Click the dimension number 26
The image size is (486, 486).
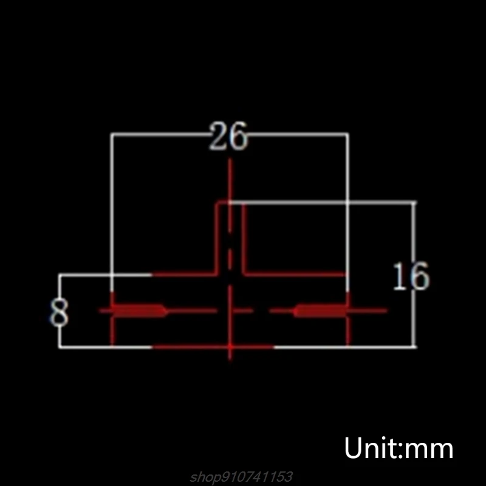229,137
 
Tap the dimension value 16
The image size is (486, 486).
411,277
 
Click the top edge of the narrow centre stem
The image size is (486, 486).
230,204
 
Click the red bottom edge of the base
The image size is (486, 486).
213,347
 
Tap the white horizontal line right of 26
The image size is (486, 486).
298,134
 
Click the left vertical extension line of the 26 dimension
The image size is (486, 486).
112,207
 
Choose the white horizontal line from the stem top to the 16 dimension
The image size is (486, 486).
328,202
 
